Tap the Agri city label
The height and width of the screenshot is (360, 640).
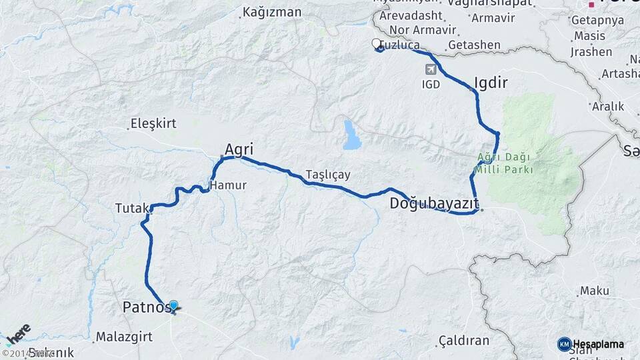[239, 149]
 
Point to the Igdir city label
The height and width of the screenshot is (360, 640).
[491, 83]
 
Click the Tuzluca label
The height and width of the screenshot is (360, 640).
[400, 45]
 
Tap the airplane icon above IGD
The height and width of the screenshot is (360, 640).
[431, 69]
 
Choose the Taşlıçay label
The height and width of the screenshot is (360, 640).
[328, 175]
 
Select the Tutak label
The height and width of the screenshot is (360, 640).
[131, 209]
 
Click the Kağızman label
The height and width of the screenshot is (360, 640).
[272, 12]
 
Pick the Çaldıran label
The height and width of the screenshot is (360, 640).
[463, 341]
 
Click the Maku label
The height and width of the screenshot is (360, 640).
[595, 291]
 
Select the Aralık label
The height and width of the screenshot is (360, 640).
[609, 106]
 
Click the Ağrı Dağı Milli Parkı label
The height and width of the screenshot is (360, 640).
[503, 163]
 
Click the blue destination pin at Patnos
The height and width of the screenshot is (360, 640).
[174, 306]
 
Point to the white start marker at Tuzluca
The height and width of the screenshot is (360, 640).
[376, 45]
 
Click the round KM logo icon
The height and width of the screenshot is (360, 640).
[564, 344]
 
